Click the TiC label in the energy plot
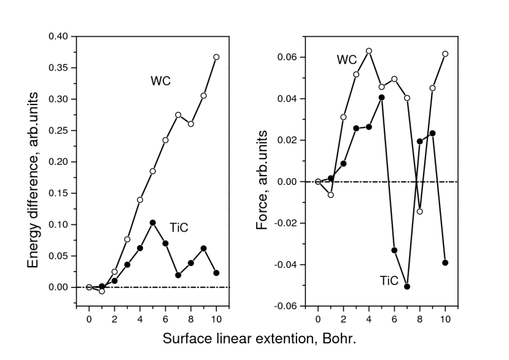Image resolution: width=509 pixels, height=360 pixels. click(179, 228)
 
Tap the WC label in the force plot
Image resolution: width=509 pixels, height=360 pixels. click(346, 60)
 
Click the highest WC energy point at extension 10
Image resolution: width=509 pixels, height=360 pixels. click(216, 57)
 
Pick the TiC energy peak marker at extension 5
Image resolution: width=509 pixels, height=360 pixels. click(153, 222)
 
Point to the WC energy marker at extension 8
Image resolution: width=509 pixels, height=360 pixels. click(191, 123)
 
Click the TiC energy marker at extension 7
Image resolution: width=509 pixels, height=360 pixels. click(178, 275)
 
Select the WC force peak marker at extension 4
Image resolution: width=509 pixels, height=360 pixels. click(369, 51)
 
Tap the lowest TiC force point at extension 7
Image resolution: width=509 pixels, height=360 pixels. click(407, 286)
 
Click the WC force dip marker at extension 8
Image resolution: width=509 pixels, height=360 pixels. click(420, 211)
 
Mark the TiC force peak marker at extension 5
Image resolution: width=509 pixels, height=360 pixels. click(382, 97)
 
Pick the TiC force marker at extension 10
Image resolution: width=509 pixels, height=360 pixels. click(445, 262)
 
